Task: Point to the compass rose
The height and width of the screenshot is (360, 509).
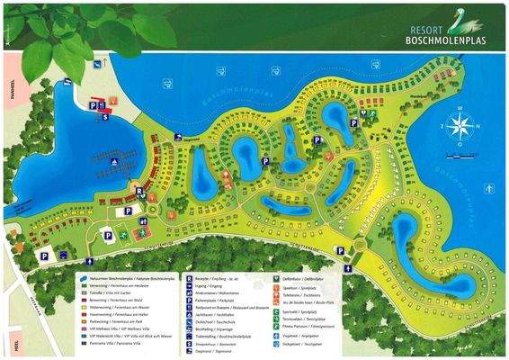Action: pyautogui.click(x=460, y=127)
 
